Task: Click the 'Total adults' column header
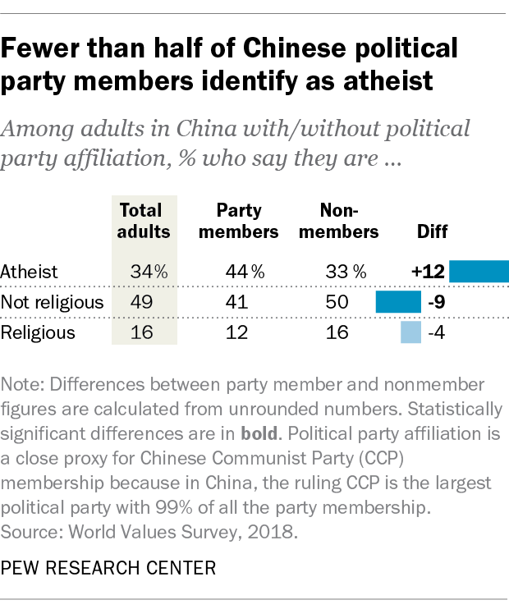point(144,221)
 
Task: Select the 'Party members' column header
point(242,221)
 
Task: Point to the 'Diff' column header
point(433,231)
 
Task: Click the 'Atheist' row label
point(30,271)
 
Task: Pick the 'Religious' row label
point(39,332)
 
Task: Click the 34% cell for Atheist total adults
point(149,271)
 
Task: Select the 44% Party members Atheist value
point(245,271)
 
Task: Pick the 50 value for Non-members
point(337,301)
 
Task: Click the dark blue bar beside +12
point(479,271)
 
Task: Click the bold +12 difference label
point(428,271)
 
